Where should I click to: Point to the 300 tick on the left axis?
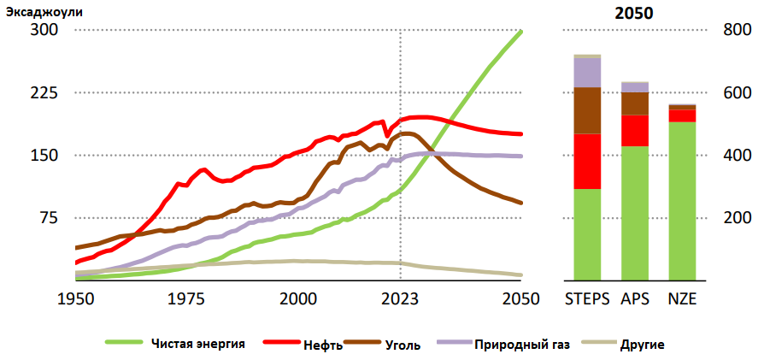[x=44, y=30]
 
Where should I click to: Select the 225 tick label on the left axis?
[x=44, y=92]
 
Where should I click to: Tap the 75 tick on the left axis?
[x=49, y=218]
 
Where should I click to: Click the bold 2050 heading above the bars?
[x=634, y=14]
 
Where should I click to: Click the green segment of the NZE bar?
[x=682, y=201]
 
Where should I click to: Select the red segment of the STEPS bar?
[x=586, y=161]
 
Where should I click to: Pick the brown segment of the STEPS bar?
[x=586, y=110]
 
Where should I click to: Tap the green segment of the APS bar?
[x=634, y=213]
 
